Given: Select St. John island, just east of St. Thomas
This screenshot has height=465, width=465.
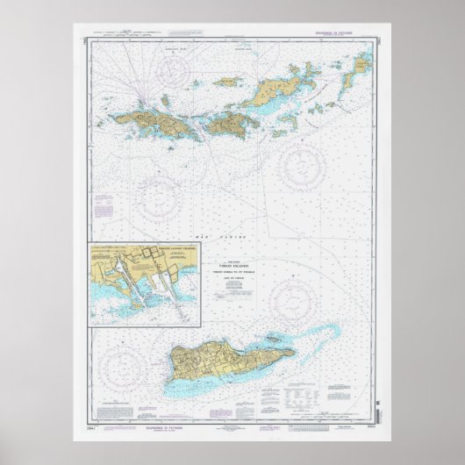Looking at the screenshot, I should (230, 119).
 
